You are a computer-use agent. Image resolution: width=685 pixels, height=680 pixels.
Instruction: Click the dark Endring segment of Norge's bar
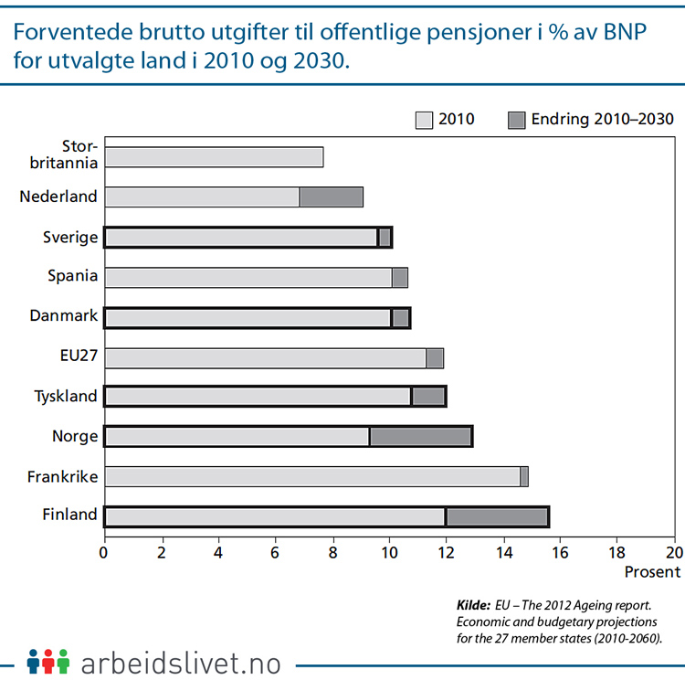coord(420,437)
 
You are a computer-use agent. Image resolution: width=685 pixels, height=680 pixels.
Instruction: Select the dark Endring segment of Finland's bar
coord(496,516)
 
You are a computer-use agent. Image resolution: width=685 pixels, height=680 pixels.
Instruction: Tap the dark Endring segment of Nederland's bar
coord(332,197)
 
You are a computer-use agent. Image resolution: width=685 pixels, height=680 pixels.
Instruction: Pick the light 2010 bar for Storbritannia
coord(214,156)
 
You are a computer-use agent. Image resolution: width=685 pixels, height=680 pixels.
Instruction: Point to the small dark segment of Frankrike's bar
coord(524,476)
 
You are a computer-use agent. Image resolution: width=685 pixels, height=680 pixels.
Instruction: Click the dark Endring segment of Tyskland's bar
coord(428,397)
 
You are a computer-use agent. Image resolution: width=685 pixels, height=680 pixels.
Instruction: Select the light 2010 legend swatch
coord(424,120)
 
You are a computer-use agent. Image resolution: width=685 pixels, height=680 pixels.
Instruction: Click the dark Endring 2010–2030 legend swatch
coord(517,120)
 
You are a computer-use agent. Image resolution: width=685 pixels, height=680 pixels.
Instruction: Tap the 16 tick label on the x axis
coord(561,553)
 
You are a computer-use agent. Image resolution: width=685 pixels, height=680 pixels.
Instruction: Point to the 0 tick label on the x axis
coord(104,553)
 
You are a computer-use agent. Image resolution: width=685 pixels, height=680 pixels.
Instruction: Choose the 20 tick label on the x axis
coord(674,553)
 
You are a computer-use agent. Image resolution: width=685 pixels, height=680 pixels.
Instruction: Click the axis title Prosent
coord(652,572)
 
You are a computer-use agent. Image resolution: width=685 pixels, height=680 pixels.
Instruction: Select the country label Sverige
coord(71,237)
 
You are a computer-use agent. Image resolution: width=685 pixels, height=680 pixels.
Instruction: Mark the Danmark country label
coord(65,316)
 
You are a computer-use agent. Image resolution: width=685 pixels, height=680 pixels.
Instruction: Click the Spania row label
coord(73,276)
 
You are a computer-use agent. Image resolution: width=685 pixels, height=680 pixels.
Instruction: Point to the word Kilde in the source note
coord(472,605)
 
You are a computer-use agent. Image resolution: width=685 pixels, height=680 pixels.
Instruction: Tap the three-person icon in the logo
coord(48,660)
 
